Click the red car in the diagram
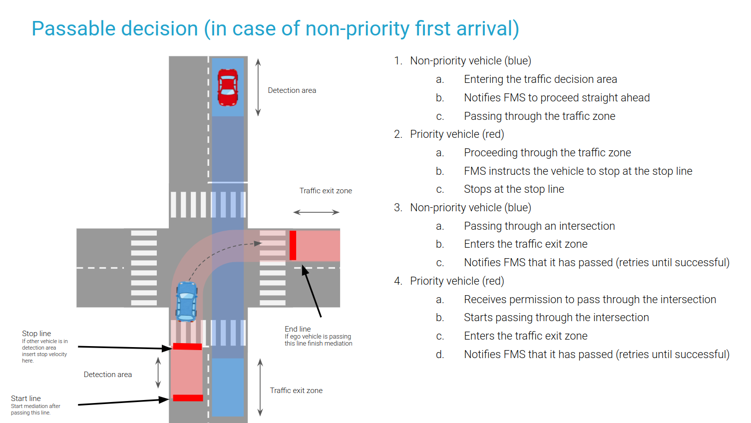(228, 87)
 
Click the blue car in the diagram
(187, 301)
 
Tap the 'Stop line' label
(36, 334)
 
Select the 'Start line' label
(26, 399)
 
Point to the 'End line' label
(298, 329)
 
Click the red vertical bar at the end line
(293, 245)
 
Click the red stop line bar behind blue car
(187, 346)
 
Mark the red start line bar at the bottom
(188, 398)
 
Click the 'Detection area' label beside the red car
(292, 90)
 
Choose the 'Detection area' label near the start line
(108, 375)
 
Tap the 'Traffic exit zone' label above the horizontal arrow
(326, 191)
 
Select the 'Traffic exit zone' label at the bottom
(296, 391)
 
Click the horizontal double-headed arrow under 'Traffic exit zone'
(316, 212)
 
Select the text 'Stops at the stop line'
(514, 189)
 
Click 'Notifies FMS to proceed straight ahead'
(557, 98)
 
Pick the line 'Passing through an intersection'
(539, 226)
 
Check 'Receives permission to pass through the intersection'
(590, 300)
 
